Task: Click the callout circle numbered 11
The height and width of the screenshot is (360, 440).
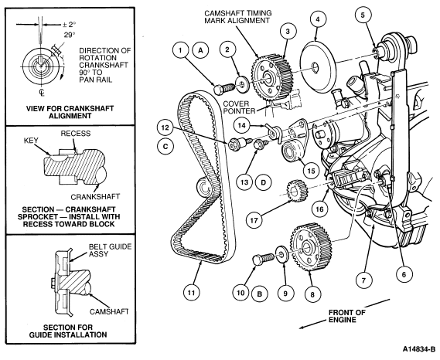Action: pyautogui.click(x=191, y=293)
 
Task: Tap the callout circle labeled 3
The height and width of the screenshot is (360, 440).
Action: pyautogui.click(x=288, y=31)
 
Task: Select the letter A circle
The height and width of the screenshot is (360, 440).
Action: pyautogui.click(x=200, y=50)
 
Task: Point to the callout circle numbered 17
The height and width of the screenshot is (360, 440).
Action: pyautogui.click(x=254, y=220)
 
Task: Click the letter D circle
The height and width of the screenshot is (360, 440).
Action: pyautogui.click(x=263, y=182)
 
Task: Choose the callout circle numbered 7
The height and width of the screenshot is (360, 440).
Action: pyautogui.click(x=363, y=280)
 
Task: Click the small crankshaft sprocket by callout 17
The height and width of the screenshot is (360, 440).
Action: pyautogui.click(x=297, y=192)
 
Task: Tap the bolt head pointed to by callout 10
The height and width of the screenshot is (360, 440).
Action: pyautogui.click(x=258, y=260)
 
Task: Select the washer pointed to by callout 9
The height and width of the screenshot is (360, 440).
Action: pyautogui.click(x=281, y=253)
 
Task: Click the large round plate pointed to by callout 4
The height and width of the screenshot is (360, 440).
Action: pyautogui.click(x=319, y=67)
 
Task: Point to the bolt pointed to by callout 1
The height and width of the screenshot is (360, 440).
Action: pyautogui.click(x=223, y=89)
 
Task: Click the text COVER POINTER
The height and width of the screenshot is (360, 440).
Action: pyautogui.click(x=240, y=107)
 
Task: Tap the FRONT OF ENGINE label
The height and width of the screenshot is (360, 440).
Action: pyautogui.click(x=347, y=316)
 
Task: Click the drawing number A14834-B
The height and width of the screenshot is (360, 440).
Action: pyautogui.click(x=418, y=349)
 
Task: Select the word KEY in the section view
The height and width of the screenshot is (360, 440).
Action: pyautogui.click(x=31, y=141)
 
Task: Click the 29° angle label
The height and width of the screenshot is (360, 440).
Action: pyautogui.click(x=70, y=35)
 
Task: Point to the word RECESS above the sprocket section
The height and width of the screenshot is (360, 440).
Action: pyautogui.click(x=76, y=134)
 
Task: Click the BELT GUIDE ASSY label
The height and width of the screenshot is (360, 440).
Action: pyautogui.click(x=110, y=250)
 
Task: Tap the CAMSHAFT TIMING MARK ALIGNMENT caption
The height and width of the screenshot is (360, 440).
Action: pyautogui.click(x=238, y=17)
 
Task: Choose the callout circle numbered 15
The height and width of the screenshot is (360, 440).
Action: pyautogui.click(x=311, y=171)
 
